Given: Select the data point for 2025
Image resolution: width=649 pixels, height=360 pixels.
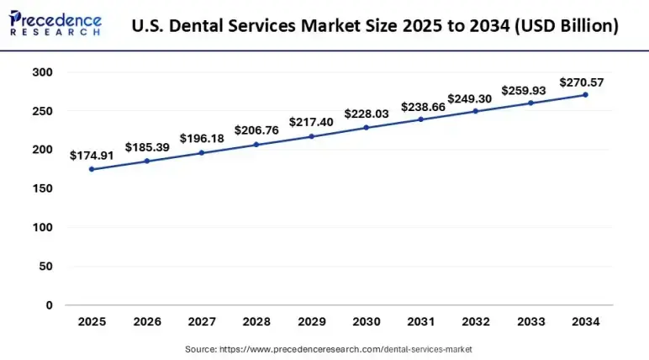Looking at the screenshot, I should pos(92,169).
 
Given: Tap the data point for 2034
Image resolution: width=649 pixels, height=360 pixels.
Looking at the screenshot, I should pos(585,95).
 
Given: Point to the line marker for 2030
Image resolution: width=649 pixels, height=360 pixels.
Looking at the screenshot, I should pos(366,128).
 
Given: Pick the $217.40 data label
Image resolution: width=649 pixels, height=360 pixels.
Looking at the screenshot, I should pos(311,122).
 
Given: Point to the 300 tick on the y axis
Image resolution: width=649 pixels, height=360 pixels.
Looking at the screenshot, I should pos(43,72).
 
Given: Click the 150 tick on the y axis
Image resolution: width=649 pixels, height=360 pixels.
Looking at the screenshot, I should pos(43,188).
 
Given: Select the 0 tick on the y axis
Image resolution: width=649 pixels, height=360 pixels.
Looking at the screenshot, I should pos(49,305).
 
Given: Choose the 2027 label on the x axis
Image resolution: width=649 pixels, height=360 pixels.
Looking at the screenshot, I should pos(201,322).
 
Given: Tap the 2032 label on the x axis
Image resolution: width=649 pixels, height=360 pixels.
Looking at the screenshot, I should pos(475,322).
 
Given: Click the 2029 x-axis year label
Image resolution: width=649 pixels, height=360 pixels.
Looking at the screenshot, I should pos(311,322).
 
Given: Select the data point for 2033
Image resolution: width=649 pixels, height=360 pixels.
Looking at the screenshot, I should pos(530,103).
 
